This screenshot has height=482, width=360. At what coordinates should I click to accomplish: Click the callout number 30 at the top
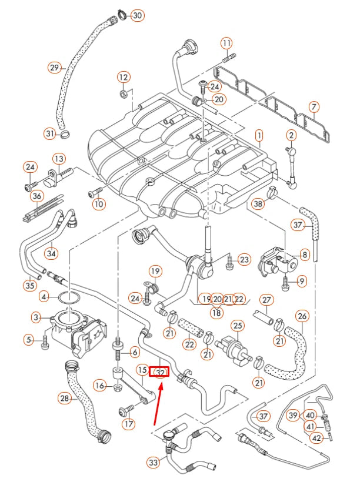[x=136, y=15]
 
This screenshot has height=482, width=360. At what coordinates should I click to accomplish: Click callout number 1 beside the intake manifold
[x=258, y=136]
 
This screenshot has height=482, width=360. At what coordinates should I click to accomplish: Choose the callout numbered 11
[x=227, y=43]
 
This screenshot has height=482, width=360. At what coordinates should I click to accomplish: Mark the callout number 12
[x=123, y=77]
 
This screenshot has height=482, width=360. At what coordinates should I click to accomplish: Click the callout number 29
[x=55, y=68]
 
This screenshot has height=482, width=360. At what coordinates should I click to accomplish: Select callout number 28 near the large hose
[x=65, y=399]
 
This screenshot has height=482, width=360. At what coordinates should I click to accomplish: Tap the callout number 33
[x=154, y=463]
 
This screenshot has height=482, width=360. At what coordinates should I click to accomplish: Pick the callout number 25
[x=238, y=325]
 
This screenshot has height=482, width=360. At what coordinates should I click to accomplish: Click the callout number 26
[x=302, y=317]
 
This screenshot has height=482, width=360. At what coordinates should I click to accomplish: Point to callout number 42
[x=317, y=438]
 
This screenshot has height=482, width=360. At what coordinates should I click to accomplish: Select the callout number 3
[x=36, y=317]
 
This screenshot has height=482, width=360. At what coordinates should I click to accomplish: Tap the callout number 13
[x=59, y=159]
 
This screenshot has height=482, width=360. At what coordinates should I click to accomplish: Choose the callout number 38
[x=258, y=204]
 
